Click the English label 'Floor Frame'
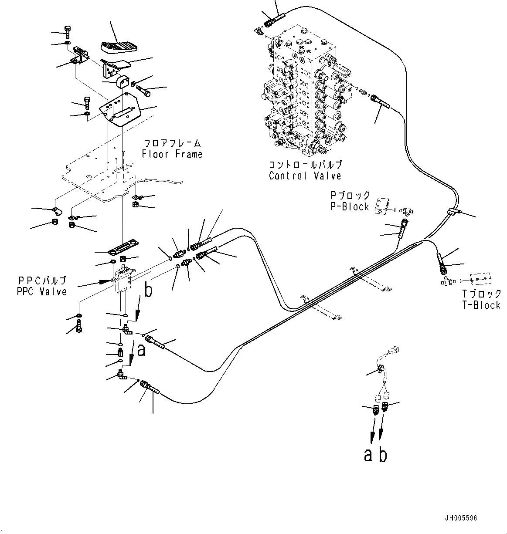click(172, 154)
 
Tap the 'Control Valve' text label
click(305, 176)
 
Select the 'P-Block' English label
click(350, 206)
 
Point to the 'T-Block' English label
click(481, 305)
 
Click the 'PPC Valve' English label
click(42, 291)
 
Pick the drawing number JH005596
click(461, 518)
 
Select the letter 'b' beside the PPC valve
click(148, 291)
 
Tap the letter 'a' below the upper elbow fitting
click(141, 350)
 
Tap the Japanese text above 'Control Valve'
click(305, 165)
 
